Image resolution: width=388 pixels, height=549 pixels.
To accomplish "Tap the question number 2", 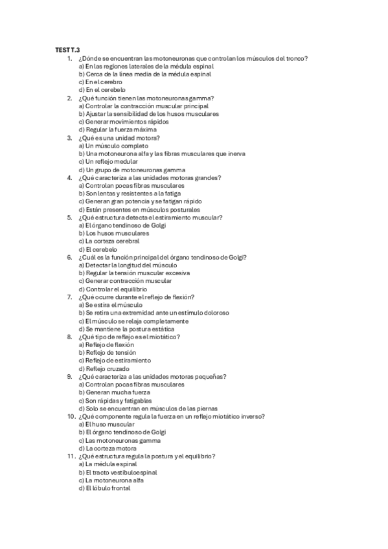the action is pyautogui.click(x=69, y=98).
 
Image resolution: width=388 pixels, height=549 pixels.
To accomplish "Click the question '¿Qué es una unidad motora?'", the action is pyautogui.click(x=118, y=138).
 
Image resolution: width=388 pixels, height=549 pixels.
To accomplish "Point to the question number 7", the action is pyautogui.click(x=69, y=297).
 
